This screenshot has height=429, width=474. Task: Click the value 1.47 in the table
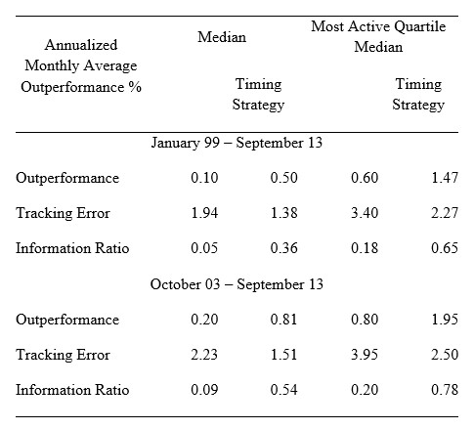click(445, 178)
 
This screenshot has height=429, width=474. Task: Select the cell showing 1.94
click(204, 213)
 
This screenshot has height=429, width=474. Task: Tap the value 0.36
click(283, 248)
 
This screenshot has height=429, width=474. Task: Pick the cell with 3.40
click(365, 213)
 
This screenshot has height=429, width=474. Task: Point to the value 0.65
click(445, 248)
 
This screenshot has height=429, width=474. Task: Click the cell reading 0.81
click(283, 319)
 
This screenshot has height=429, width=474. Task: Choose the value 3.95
click(365, 354)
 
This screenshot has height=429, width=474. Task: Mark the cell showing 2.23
click(204, 354)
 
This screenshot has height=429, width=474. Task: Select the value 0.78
click(445, 389)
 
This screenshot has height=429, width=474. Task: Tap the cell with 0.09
click(204, 389)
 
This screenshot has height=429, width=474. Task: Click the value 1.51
click(283, 354)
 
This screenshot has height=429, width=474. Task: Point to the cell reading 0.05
click(204, 248)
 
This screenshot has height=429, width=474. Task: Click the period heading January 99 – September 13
click(237, 143)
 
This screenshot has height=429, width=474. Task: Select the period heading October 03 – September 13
click(237, 284)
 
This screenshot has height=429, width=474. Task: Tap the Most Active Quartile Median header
click(378, 36)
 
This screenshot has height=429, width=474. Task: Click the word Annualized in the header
click(81, 45)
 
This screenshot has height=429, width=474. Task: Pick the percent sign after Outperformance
click(135, 87)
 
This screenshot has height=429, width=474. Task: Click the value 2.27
click(445, 213)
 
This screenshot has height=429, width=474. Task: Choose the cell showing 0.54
click(283, 389)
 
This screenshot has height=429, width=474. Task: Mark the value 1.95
click(445, 319)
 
